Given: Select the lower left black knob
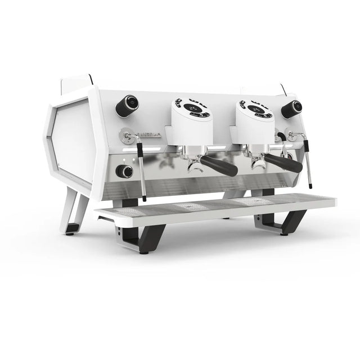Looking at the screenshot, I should coord(125,172).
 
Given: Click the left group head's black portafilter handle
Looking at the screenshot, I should coord(219,165).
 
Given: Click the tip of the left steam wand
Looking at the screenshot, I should coord(145,199).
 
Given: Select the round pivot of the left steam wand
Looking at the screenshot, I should coord(128,136).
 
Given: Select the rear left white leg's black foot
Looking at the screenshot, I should coord(71,228).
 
